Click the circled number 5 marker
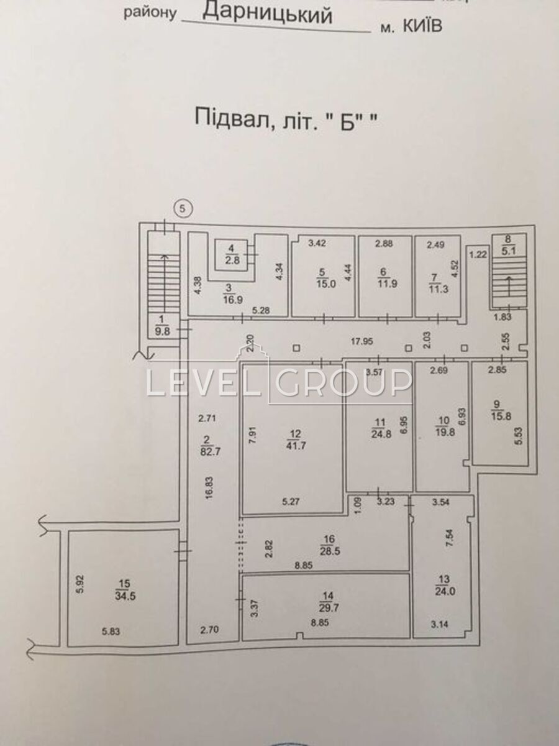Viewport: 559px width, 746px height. (183, 208)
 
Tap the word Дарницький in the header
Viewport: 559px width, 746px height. (268, 15)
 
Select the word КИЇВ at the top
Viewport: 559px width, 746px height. (422, 25)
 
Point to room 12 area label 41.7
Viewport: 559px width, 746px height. (296, 446)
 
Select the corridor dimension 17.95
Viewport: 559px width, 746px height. (362, 341)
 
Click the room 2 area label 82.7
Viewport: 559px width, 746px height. (209, 453)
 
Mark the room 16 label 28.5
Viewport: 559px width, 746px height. (329, 550)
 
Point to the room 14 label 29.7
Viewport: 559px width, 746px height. (328, 607)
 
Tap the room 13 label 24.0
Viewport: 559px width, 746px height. (445, 592)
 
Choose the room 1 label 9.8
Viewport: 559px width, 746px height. (162, 331)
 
